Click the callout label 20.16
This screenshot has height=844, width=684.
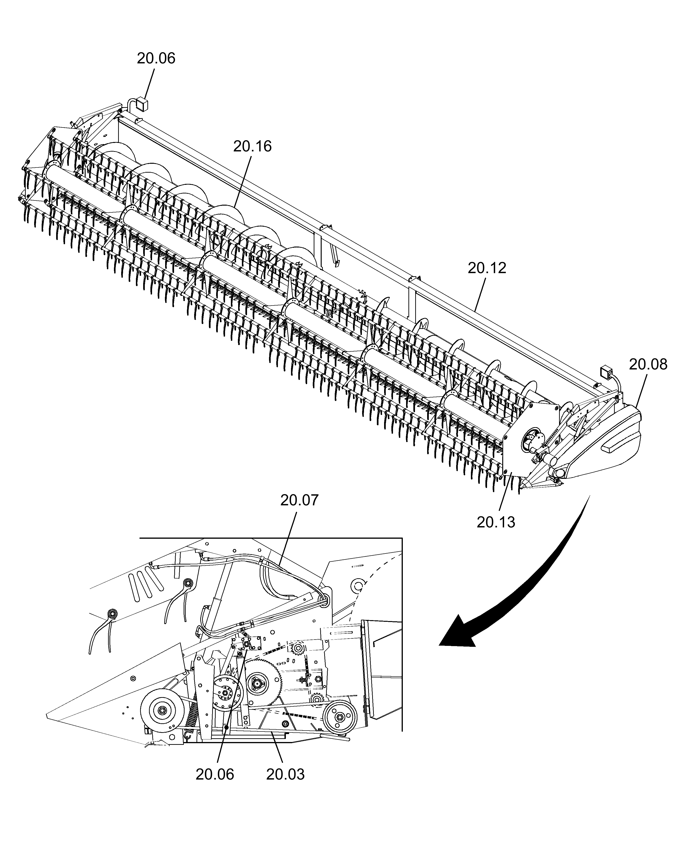point(252,147)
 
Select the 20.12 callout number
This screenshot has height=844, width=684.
point(487,268)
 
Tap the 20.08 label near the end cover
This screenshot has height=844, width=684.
point(648,364)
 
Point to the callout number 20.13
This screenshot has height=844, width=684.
point(496,522)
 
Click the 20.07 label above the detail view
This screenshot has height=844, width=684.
point(299,500)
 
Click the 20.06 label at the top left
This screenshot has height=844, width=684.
point(156,58)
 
